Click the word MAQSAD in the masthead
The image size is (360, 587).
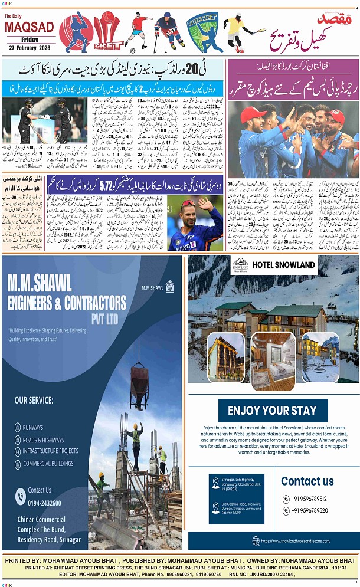click(x=30, y=27)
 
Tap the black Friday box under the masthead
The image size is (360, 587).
click(x=30, y=40)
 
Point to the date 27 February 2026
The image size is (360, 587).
click(x=30, y=47)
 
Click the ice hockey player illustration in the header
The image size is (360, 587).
click(x=169, y=31)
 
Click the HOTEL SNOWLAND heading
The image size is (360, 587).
click(x=283, y=265)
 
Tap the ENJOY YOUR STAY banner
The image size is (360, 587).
click(x=272, y=411)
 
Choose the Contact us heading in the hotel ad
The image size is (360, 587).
click(x=307, y=481)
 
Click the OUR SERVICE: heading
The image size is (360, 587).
click(x=34, y=400)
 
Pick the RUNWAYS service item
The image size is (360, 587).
click(x=33, y=427)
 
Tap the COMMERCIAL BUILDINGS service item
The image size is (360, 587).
click(x=48, y=463)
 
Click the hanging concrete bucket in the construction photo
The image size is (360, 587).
click(x=139, y=381)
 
